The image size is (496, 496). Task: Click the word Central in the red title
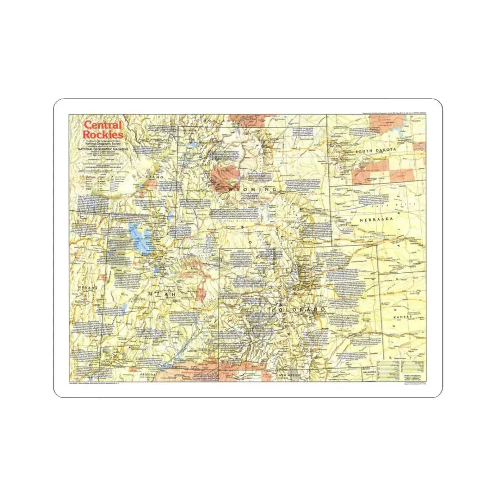pyautogui.click(x=102, y=125)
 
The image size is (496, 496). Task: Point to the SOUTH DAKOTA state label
pyautogui.click(x=375, y=151)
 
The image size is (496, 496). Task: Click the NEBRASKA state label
pyautogui.click(x=376, y=220)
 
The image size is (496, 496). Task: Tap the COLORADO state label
pyautogui.click(x=298, y=310)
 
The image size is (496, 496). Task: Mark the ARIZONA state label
pyautogui.click(x=147, y=375)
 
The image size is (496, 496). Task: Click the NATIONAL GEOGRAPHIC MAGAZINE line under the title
pyautogui.click(x=103, y=148)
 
